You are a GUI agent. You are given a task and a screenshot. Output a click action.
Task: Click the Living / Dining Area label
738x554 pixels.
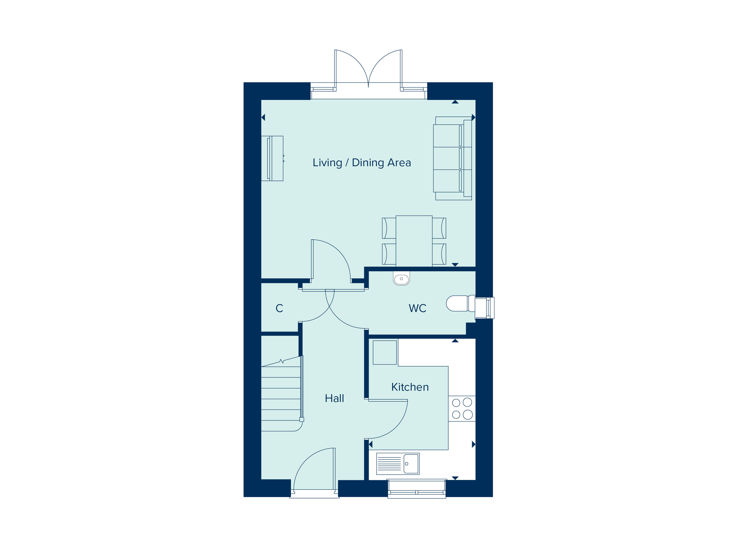(x=362, y=163)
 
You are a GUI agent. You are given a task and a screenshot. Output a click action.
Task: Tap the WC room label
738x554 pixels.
(x=417, y=308)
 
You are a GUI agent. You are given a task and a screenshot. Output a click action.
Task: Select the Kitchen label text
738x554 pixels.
(x=410, y=387)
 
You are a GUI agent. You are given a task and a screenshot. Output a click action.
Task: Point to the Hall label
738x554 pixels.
(x=334, y=398)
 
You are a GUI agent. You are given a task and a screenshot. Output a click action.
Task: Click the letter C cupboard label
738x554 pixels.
(x=279, y=308)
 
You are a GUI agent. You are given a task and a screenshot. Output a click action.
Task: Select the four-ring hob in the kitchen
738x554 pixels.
(x=462, y=408)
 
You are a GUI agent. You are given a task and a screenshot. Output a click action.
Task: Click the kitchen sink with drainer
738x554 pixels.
(x=398, y=464)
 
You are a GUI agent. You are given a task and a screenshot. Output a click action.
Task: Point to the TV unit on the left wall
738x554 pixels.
(x=272, y=158)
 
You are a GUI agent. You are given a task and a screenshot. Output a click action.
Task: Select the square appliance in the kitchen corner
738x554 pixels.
(x=385, y=352)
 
